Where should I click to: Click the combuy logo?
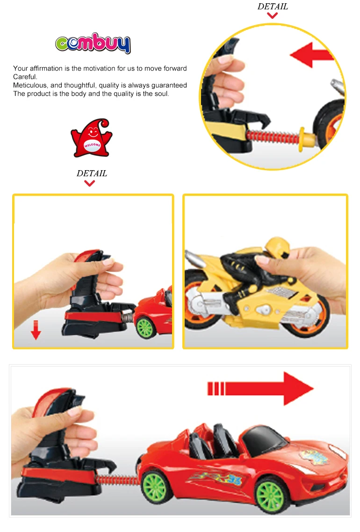pos(93,44)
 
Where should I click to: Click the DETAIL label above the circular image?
pos(273,7)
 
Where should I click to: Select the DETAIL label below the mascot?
pos(92,173)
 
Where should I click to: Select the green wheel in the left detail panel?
pos(146,326)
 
